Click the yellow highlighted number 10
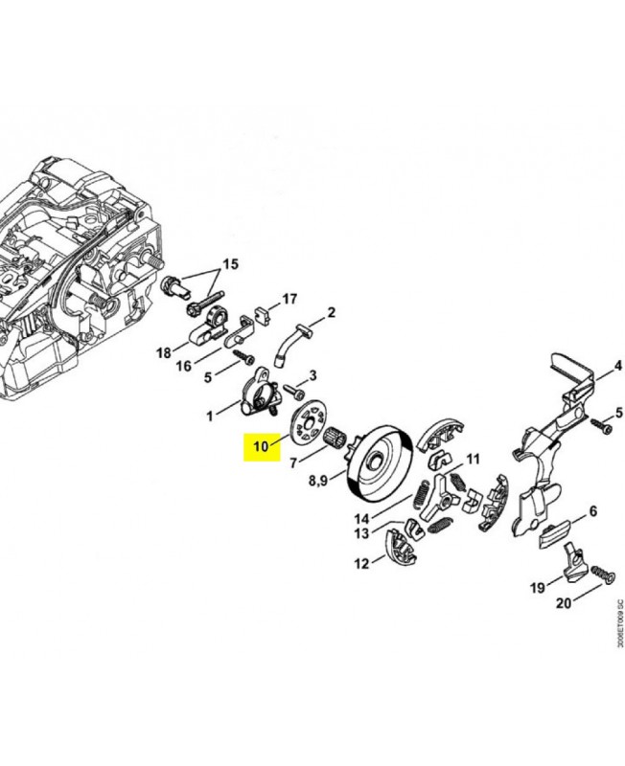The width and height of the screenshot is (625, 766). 259,446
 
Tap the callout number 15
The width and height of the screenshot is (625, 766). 230,264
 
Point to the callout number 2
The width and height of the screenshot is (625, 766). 331,312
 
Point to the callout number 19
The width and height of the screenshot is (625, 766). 539,586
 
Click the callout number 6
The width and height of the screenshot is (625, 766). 593,511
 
